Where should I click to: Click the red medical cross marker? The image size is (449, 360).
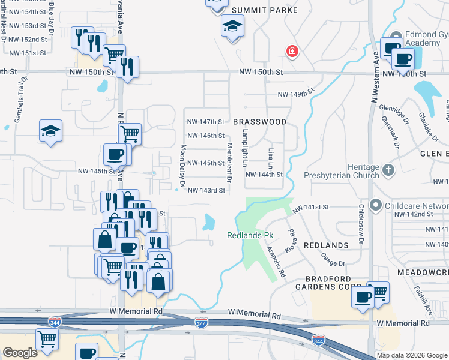coord(292,52)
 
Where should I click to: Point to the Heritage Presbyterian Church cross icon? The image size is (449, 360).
coord(388,170)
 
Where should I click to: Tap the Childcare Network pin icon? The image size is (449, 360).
coord(376,205)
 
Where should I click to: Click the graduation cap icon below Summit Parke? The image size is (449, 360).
coord(232,26)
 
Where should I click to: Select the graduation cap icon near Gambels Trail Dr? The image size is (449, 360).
coord(51,130)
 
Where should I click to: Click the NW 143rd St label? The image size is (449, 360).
coord(206,191)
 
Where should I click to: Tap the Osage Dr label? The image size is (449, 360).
coord(333,259)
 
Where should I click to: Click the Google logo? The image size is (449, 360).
coord(20,353)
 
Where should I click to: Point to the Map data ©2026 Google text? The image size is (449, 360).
coord(411,355)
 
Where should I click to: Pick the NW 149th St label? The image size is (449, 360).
coord(296,94)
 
